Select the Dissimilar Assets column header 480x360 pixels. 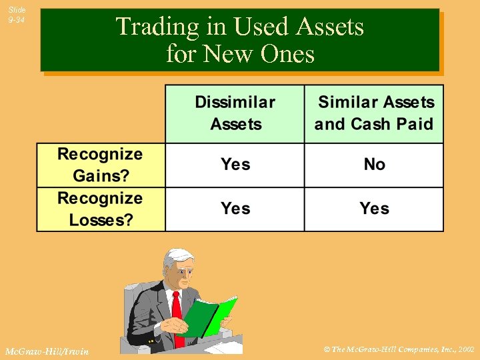[235, 113]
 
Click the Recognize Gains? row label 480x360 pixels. [100, 165]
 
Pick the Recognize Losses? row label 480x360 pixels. [100, 209]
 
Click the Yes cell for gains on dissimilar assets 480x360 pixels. [235, 165]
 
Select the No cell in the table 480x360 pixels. [374, 165]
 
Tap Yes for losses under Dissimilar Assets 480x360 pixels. [235, 209]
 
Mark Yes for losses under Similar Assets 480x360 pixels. [374, 209]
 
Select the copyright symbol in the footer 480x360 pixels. [325, 349]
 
